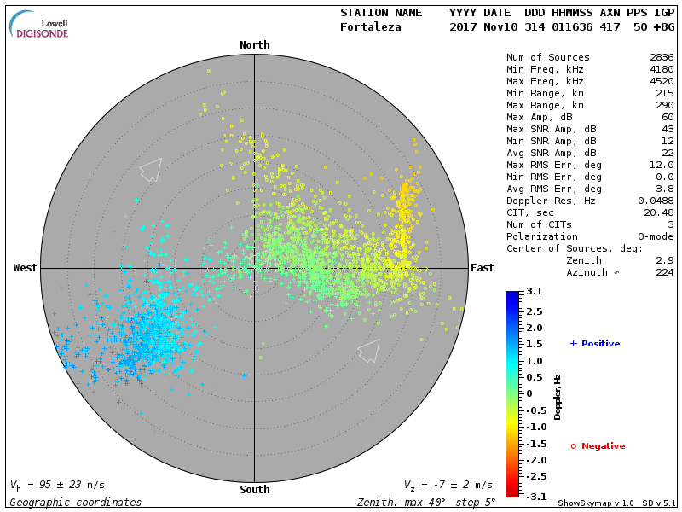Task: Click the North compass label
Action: pos(254,45)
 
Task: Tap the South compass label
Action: pos(254,490)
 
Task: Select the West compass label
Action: pos(25,268)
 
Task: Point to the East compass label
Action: pos(482,268)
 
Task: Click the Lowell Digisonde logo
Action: pos(40,25)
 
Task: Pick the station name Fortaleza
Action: pos(370,27)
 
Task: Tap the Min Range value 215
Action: pos(664,93)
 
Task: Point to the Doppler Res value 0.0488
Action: pos(656,201)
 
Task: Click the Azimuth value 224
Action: pos(664,272)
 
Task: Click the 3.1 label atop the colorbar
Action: pos(535,292)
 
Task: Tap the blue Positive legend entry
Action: pos(595,344)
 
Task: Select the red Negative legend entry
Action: pos(598,446)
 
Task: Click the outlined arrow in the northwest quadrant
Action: pos(150,168)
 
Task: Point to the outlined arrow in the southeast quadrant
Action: pos(369,350)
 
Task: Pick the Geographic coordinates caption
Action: pos(76,503)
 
